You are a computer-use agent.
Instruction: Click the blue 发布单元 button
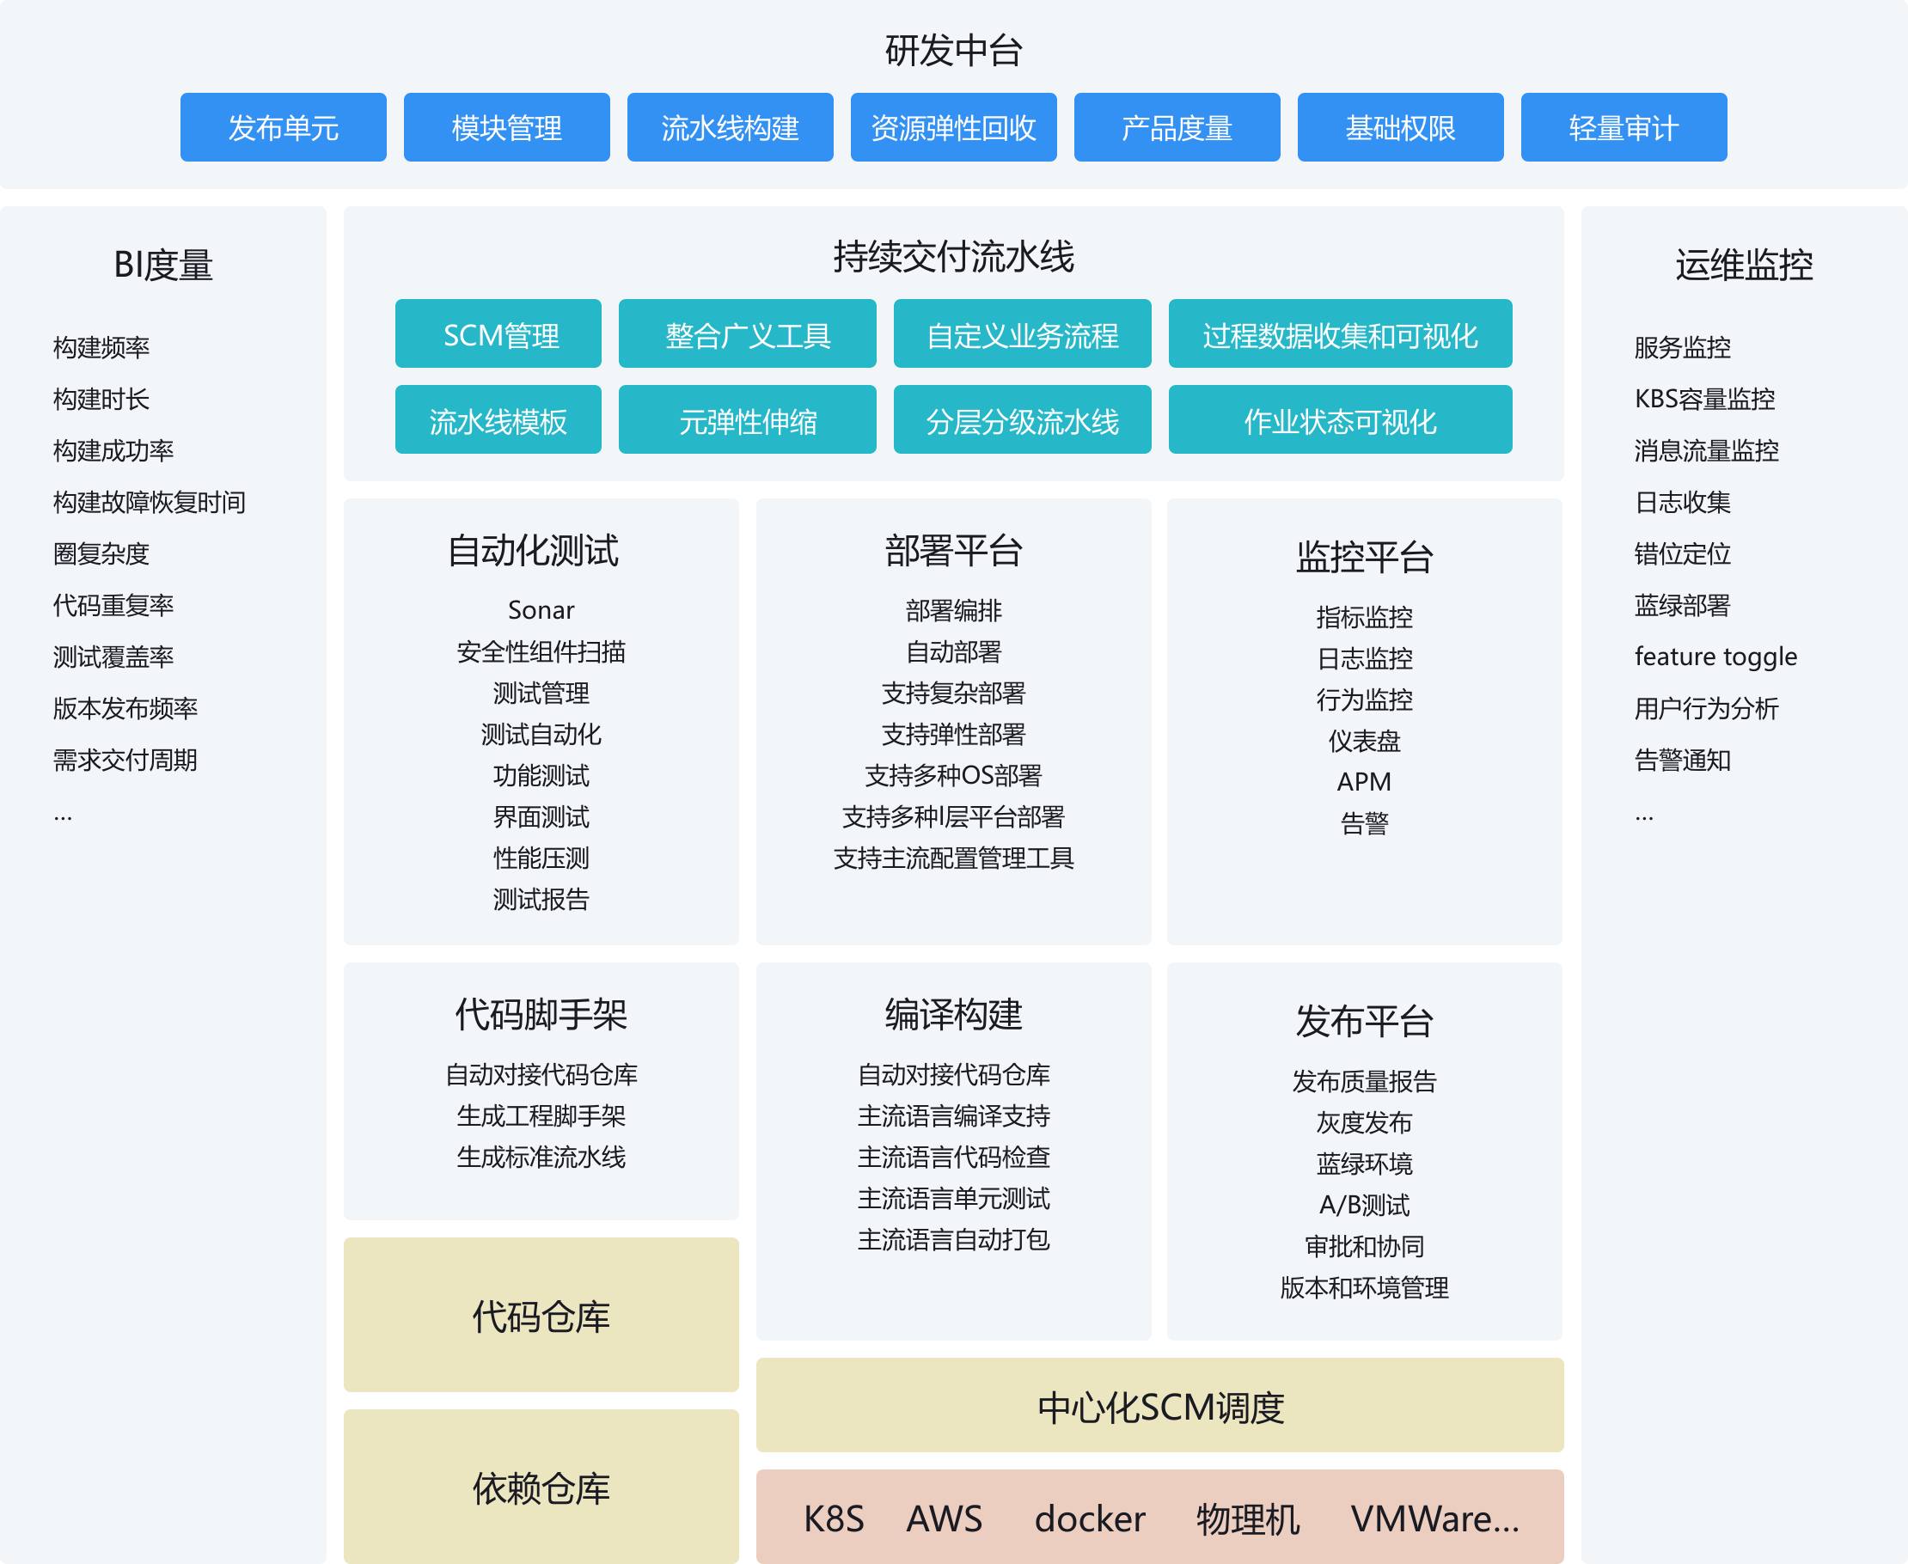coord(283,127)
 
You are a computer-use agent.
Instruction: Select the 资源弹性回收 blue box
coord(953,127)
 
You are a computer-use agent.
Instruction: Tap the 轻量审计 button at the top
coord(1624,127)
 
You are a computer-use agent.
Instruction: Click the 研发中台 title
coord(953,51)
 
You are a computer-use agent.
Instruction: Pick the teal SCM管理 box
coord(498,334)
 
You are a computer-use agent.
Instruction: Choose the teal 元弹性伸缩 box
coord(747,420)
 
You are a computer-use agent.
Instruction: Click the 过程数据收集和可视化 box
coord(1340,334)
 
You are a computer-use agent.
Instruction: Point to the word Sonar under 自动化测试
coord(541,610)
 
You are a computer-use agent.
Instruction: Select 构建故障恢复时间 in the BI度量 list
coord(149,502)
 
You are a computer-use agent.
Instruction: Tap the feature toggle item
coord(1715,657)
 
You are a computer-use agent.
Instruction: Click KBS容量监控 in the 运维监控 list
coord(1704,398)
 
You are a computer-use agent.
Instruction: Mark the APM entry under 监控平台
coord(1364,781)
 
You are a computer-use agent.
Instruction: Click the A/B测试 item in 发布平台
coord(1364,1205)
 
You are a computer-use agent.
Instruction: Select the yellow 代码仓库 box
coord(541,1316)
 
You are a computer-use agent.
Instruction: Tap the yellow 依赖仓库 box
coord(541,1488)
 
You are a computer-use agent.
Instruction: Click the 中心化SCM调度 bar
coord(1159,1407)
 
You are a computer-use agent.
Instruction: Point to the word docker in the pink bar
coord(1089,1519)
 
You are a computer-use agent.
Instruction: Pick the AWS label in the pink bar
coord(943,1519)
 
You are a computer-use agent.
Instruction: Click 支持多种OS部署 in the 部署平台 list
coord(953,775)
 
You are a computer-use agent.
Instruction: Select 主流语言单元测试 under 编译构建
coord(953,1198)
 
